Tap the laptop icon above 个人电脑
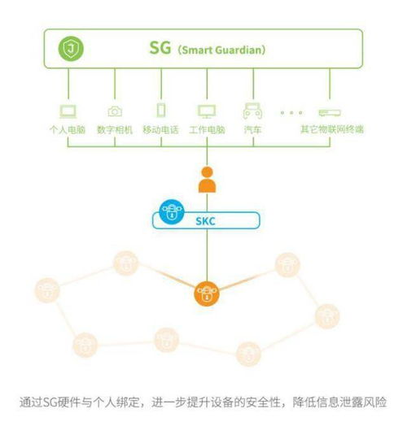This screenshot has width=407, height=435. point(69,111)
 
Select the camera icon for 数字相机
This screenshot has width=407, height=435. point(115,111)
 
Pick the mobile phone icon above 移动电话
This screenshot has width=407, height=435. point(161,111)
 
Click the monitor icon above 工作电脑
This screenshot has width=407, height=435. point(206,111)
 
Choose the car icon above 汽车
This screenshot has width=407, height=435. point(252,111)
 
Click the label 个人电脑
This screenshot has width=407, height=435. point(69,130)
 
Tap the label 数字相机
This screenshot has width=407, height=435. point(115,130)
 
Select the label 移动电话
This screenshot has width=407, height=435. point(161,130)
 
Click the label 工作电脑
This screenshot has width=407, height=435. point(206,130)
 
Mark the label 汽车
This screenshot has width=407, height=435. point(252,130)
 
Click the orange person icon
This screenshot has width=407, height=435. point(206,180)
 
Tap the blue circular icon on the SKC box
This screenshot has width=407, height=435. point(171,212)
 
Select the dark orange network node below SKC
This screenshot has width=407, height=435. point(206,293)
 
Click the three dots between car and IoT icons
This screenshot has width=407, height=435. point(291,112)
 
